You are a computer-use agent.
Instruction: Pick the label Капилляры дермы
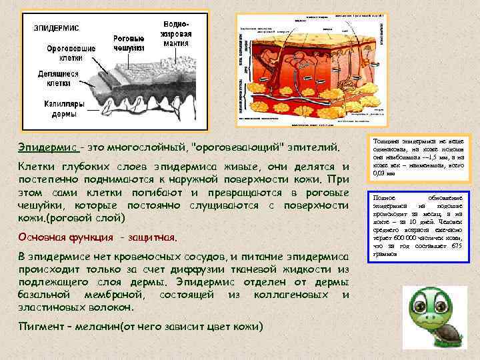tap(67, 109)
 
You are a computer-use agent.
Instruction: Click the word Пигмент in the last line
tap(42, 327)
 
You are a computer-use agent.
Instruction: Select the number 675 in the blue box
tap(457, 247)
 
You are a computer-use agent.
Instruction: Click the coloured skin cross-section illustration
tap(312, 70)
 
